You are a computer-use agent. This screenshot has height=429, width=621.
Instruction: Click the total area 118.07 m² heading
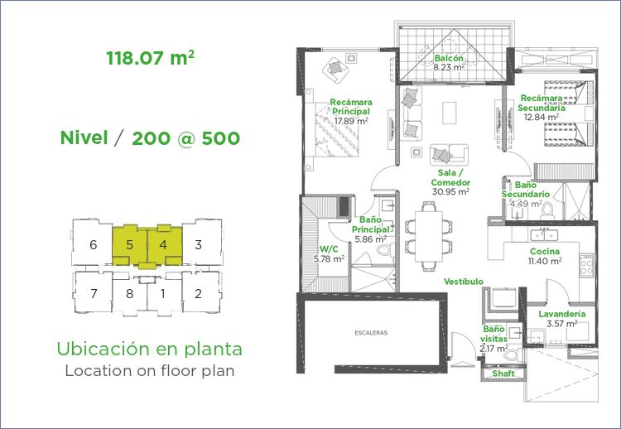click(150, 58)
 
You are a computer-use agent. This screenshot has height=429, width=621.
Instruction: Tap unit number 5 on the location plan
click(129, 245)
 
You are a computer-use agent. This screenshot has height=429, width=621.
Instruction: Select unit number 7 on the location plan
click(94, 293)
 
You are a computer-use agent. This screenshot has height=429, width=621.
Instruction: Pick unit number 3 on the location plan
click(199, 245)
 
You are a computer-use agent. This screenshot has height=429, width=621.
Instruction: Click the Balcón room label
click(448, 58)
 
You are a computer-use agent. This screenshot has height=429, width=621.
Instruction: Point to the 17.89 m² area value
click(351, 121)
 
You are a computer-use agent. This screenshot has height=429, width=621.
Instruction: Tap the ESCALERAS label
click(371, 333)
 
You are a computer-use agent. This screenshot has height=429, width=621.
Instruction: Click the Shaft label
click(503, 374)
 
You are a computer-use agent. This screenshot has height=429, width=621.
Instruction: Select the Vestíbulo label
click(464, 282)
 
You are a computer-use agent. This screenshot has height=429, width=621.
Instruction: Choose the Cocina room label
click(545, 251)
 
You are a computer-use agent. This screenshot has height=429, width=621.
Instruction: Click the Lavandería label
click(561, 314)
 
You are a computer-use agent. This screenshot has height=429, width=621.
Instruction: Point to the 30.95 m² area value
click(450, 191)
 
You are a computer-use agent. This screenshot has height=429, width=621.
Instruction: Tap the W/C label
click(329, 249)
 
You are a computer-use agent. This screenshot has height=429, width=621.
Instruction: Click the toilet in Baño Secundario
click(548, 210)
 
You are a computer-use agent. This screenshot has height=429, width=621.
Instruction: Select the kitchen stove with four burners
click(586, 265)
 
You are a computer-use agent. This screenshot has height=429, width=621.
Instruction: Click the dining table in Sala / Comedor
click(429, 236)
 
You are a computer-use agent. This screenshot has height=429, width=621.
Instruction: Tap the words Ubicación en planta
click(149, 349)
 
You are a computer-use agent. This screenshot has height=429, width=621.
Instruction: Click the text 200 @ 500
click(185, 138)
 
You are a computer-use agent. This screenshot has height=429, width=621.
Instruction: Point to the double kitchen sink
click(544, 235)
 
